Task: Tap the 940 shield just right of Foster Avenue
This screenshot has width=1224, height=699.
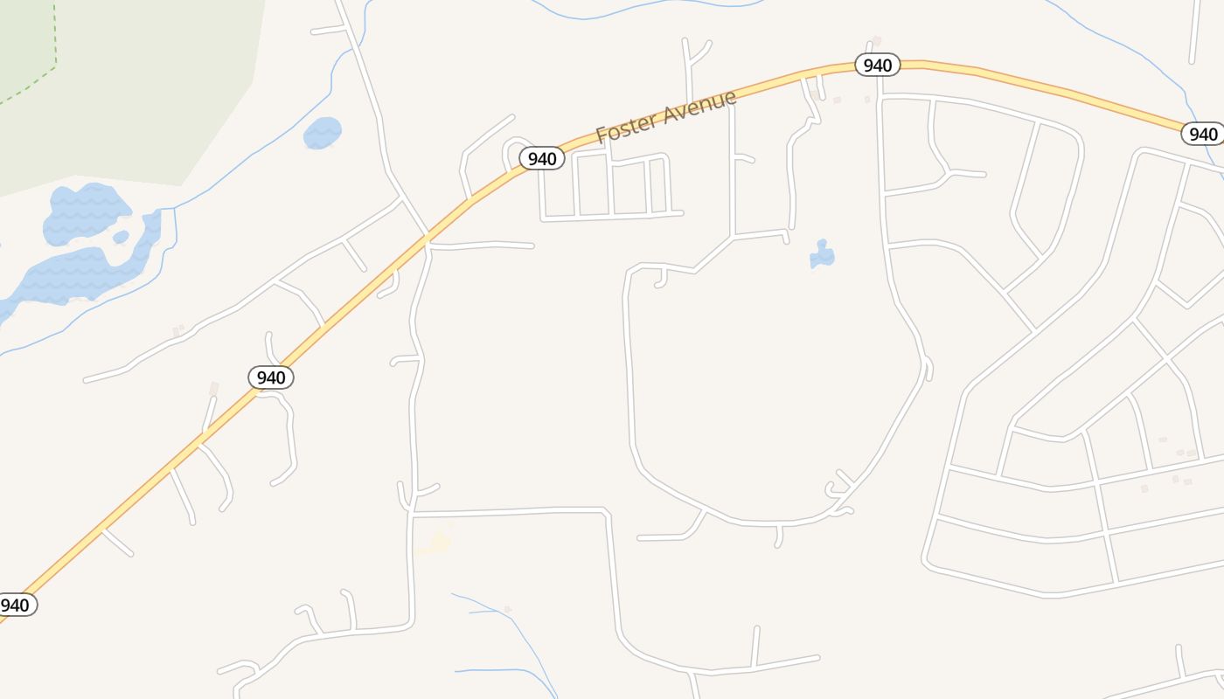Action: click(877, 66)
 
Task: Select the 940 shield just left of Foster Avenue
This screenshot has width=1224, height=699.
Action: click(542, 158)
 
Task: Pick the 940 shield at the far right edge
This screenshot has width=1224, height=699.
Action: click(1203, 134)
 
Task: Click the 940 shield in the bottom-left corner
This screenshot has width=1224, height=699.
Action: click(15, 605)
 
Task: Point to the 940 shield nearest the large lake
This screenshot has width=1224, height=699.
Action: click(271, 377)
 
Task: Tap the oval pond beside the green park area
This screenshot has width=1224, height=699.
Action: click(322, 133)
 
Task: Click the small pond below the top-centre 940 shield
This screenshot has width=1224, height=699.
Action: click(822, 254)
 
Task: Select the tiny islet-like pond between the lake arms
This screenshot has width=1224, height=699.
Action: click(121, 237)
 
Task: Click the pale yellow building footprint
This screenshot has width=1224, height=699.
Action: click(437, 543)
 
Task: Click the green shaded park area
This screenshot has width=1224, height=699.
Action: click(131, 79)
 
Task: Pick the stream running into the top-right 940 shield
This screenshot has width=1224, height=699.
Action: click(1137, 48)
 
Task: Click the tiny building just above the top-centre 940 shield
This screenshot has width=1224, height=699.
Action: click(876, 41)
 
